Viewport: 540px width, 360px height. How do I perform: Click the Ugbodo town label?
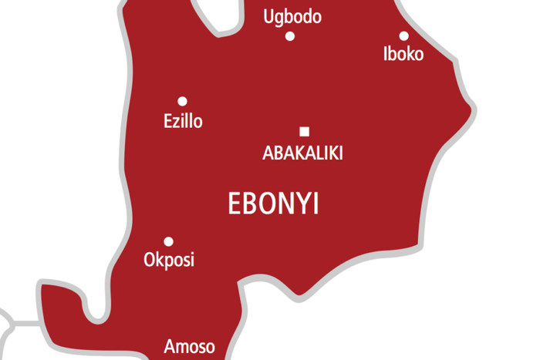(292, 17)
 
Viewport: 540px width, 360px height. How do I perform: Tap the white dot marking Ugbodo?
(290, 35)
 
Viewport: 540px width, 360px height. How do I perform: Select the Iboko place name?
(403, 54)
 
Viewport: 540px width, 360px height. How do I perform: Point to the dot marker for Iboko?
(403, 35)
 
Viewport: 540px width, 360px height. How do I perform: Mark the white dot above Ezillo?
(183, 101)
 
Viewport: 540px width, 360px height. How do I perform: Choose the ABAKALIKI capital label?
(302, 153)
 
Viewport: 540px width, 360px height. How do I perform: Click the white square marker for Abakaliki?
(305, 130)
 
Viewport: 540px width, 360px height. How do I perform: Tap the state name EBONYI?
(274, 204)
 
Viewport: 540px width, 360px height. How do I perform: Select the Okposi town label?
(169, 260)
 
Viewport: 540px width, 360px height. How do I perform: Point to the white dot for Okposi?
(168, 241)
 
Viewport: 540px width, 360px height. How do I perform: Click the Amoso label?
(189, 347)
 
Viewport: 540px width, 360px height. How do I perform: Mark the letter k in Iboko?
(408, 54)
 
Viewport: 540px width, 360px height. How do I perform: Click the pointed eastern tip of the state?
(472, 106)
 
